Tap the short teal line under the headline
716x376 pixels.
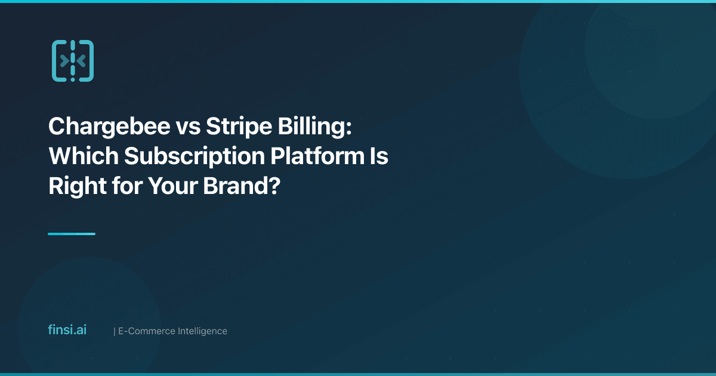[72, 234]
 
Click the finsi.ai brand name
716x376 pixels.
[67, 330]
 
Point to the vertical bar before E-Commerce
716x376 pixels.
[114, 331]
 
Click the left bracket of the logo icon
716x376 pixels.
[58, 61]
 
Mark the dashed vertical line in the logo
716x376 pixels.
[72, 61]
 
